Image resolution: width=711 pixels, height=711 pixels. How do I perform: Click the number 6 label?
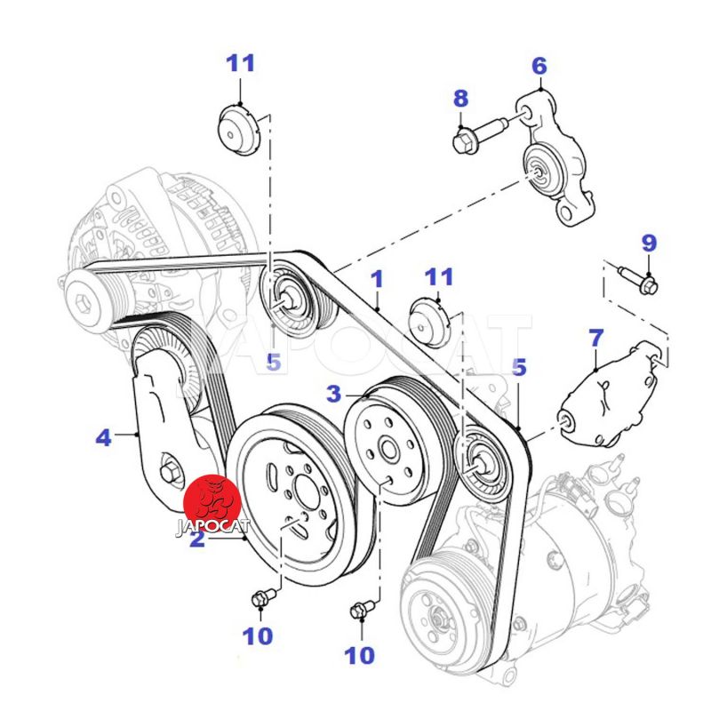pos(539,67)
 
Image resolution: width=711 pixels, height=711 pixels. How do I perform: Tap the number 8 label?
pos(459,99)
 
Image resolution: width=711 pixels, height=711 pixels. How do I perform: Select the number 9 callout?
pos(649,243)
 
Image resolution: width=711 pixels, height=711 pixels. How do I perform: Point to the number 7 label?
pos(595,339)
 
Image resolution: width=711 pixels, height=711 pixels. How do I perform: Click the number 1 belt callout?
pos(377,279)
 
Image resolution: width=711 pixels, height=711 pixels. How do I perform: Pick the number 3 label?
pos(333,393)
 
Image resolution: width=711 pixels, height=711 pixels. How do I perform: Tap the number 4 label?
pos(104,437)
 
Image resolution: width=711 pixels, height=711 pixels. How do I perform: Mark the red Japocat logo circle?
pos(212,503)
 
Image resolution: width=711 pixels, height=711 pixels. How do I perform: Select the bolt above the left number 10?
pos(260,600)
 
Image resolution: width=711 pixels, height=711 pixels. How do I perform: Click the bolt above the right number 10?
pos(359,611)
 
